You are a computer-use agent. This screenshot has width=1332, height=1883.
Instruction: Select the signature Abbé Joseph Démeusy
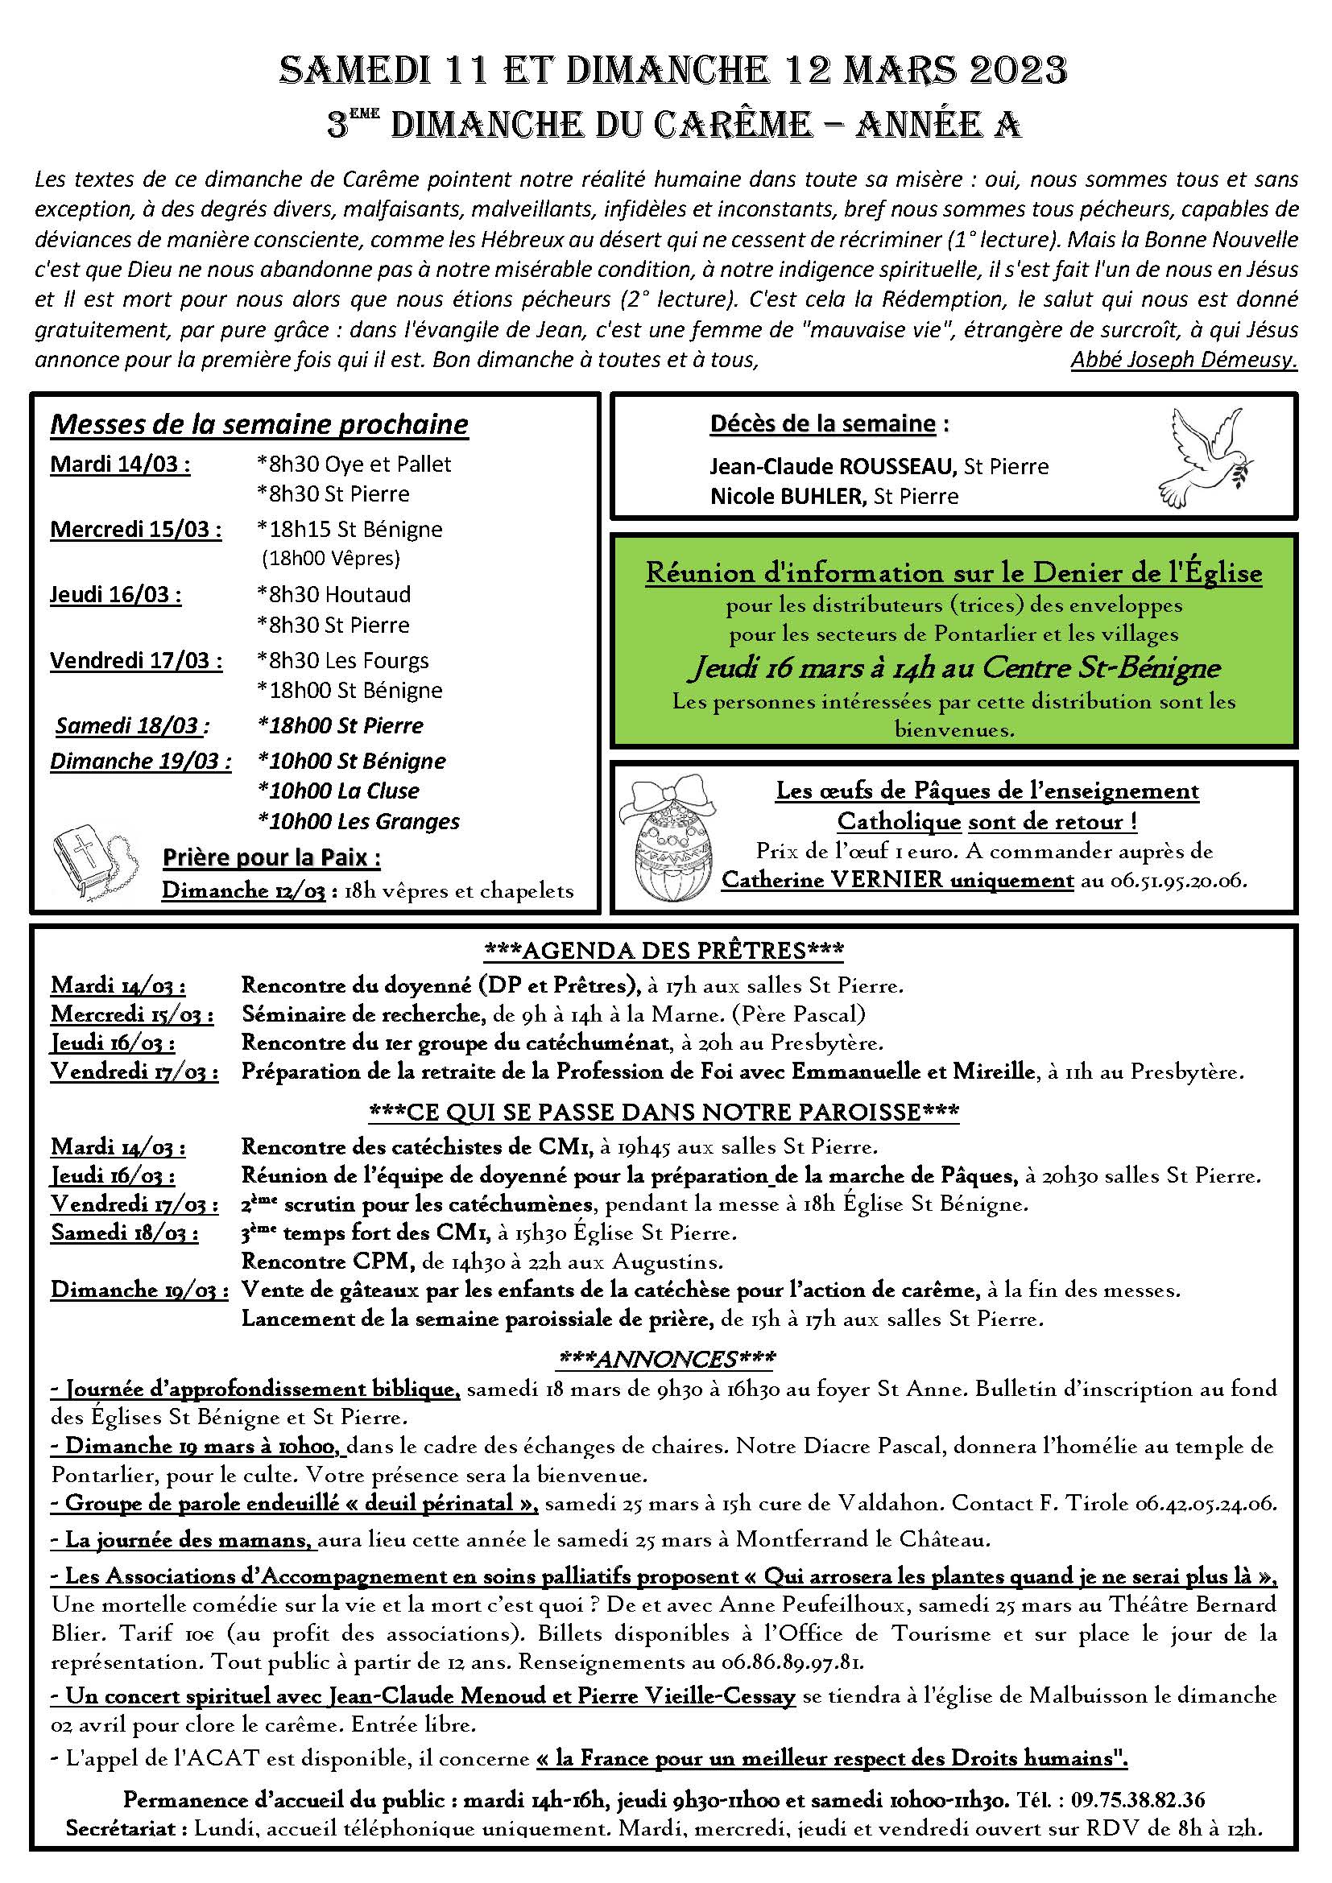click(x=1184, y=360)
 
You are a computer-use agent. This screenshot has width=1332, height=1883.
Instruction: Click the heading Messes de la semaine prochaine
click(x=259, y=424)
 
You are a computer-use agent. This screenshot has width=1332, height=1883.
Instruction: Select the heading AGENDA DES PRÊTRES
click(x=664, y=951)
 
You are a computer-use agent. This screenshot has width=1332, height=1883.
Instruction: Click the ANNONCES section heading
click(x=664, y=1359)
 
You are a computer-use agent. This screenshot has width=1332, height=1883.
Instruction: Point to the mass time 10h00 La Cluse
click(x=338, y=791)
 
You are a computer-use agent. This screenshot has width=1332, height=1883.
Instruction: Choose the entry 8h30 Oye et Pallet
click(x=354, y=465)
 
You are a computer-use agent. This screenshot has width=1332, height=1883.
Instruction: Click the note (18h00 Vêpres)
click(x=330, y=559)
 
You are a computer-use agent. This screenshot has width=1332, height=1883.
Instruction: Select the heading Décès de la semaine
click(x=822, y=424)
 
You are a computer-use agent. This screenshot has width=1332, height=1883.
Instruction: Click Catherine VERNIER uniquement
click(x=897, y=880)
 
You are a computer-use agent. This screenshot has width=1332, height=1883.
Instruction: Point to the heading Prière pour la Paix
click(x=271, y=858)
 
